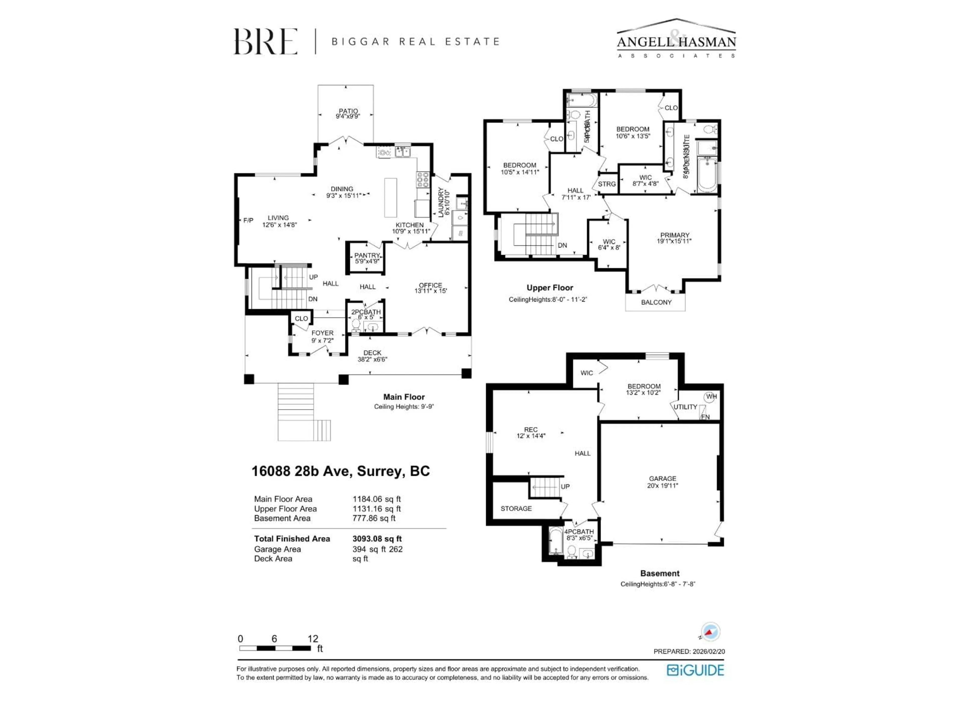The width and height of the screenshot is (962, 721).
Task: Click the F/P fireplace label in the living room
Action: click(248, 220)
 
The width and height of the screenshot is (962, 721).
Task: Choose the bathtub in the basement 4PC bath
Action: click(555, 541)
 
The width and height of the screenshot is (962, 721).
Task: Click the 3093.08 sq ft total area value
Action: click(377, 538)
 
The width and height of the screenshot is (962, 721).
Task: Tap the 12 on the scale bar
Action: click(313, 638)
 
